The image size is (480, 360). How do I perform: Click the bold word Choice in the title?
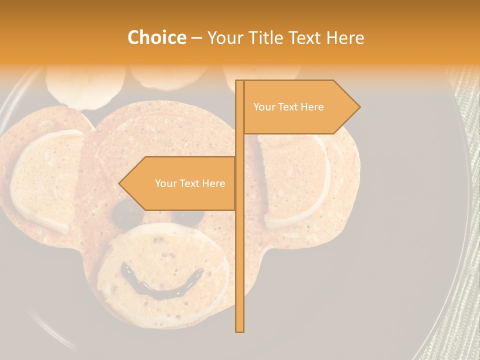pyautogui.click(x=156, y=37)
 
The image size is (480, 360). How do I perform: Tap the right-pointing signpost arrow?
pyautogui.click(x=300, y=107)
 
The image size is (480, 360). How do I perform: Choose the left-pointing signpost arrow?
pyautogui.click(x=180, y=183)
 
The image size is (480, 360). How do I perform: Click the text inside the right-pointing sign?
pyautogui.click(x=288, y=107)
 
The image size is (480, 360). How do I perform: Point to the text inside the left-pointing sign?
pyautogui.click(x=190, y=183)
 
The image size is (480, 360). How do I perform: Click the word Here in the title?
pyautogui.click(x=345, y=37)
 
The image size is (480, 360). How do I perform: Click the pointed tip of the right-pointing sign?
pyautogui.click(x=358, y=107)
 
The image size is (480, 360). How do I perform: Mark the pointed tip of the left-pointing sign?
pyautogui.click(x=120, y=183)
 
